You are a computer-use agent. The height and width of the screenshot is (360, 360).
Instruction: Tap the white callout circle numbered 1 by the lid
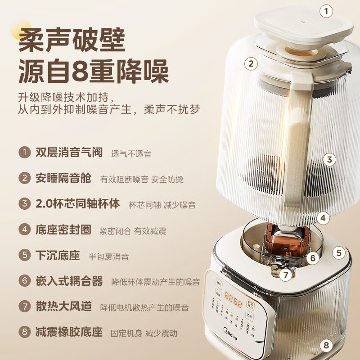coord(327,10)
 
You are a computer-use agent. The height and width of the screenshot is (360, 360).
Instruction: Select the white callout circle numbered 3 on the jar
coord(329,159)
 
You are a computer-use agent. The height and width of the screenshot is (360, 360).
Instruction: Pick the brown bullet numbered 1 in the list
coord(24,152)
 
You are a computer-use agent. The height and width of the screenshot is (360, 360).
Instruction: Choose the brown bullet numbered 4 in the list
coord(24,230)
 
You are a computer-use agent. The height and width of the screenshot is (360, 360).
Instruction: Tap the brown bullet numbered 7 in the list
coord(24,307)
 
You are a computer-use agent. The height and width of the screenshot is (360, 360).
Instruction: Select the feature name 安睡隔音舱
coord(63,178)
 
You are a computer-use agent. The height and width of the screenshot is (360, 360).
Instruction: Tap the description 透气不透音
coord(131,153)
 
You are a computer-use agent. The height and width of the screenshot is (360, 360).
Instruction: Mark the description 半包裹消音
coord(108,256)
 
